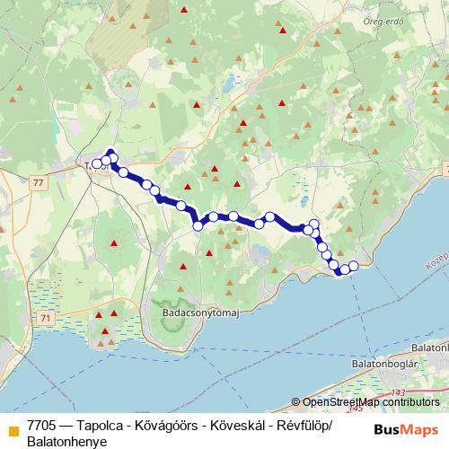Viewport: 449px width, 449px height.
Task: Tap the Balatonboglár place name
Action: point(387,363)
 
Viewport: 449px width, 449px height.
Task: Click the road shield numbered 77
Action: point(36,182)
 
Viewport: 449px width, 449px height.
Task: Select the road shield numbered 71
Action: point(46,318)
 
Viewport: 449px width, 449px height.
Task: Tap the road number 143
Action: point(398,392)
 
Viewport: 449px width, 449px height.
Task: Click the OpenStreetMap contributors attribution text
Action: point(371,402)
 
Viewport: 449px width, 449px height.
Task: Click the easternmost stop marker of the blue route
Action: point(353,265)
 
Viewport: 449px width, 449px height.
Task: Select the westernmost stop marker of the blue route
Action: point(96,163)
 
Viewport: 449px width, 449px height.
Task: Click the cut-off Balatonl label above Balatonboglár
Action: point(428,346)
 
